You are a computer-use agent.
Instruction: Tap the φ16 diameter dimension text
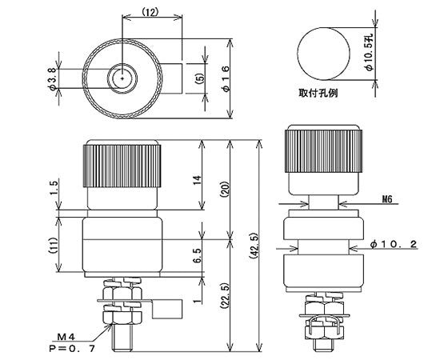(226, 77)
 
